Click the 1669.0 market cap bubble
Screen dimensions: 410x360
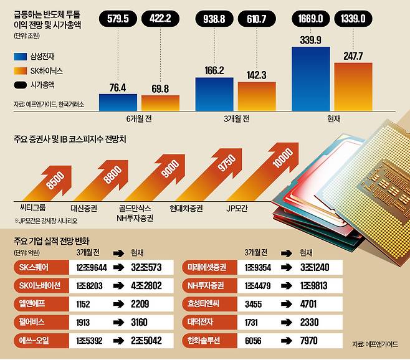(310, 19)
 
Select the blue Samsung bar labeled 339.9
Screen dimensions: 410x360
(311, 79)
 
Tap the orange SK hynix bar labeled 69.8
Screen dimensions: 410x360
(160, 103)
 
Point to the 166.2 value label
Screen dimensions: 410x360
(214, 70)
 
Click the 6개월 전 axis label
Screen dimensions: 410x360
(139, 119)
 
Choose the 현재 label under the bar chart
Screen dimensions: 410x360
(334, 119)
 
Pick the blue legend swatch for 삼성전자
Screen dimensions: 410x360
(20, 57)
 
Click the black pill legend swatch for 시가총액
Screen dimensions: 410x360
(20, 85)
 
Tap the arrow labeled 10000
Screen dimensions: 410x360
(264, 171)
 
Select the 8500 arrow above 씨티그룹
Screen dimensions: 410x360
(49, 184)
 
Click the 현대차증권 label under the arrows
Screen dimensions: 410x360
(186, 209)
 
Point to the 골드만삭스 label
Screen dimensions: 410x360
(135, 209)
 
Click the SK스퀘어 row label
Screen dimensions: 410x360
(34, 267)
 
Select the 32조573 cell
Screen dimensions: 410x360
(146, 267)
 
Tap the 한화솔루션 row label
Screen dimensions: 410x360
(204, 341)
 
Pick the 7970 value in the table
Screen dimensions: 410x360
(309, 341)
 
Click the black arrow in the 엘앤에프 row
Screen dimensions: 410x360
(119, 304)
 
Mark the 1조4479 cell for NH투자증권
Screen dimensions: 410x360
(257, 285)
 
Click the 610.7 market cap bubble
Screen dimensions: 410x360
(257, 19)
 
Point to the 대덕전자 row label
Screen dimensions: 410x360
(200, 322)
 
